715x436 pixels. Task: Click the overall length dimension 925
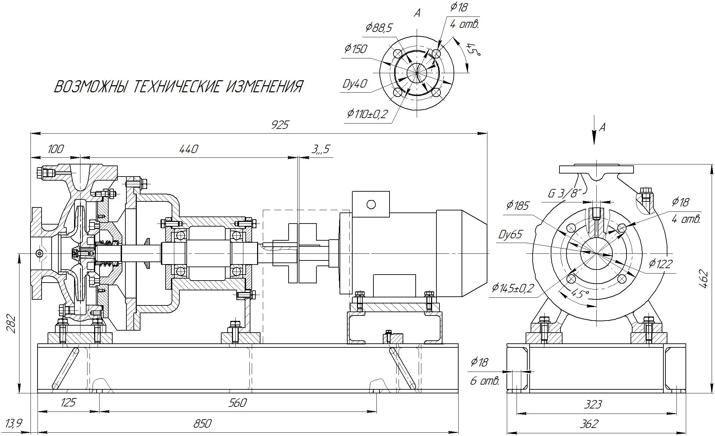tap(280, 125)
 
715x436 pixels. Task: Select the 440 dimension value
tap(189, 149)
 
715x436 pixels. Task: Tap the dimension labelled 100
tap(55, 149)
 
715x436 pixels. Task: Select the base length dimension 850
tap(202, 424)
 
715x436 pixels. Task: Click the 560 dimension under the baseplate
tap(237, 402)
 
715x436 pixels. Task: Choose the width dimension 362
tap(589, 424)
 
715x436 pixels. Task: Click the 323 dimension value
tap(593, 404)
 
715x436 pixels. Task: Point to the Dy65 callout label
tap(510, 234)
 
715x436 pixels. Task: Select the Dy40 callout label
tap(355, 84)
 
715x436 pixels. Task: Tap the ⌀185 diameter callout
tap(518, 205)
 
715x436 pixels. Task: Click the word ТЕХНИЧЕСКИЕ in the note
tap(177, 87)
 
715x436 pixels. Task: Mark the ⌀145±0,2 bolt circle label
tap(513, 288)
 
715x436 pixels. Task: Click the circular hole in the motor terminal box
tap(371, 204)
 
